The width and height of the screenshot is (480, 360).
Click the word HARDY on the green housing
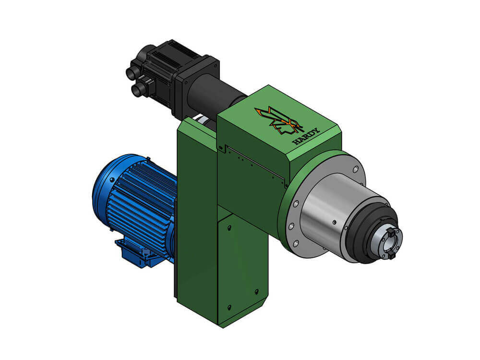[x=306, y=136]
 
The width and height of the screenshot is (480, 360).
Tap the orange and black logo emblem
[x=278, y=121]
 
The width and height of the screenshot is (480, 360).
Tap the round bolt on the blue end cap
[x=112, y=181]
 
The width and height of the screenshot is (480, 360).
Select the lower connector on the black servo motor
[x=138, y=89]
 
